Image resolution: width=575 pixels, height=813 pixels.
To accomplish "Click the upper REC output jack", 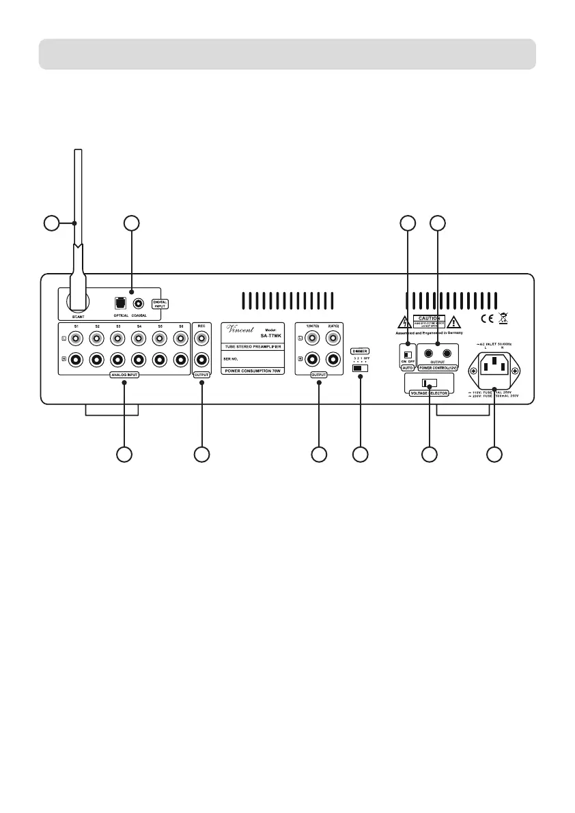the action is pyautogui.click(x=202, y=338).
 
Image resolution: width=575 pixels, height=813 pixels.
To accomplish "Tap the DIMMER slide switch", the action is pyautogui.click(x=359, y=368).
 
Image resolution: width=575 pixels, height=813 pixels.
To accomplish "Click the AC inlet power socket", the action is pyautogui.click(x=494, y=369).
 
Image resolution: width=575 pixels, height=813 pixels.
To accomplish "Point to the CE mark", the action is pyautogui.click(x=488, y=317).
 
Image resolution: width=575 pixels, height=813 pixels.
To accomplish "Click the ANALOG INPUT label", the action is pyautogui.click(x=124, y=376).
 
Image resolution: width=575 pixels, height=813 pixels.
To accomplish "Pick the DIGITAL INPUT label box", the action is pyautogui.click(x=159, y=303).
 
